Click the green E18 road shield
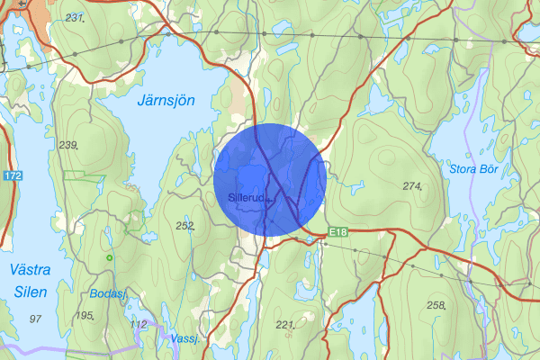pyautogui.click(x=337, y=232)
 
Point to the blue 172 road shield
pyautogui.click(x=12, y=175)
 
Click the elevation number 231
pyautogui.click(x=74, y=19)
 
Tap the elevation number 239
pyautogui.click(x=67, y=145)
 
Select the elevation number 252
pyautogui.click(x=185, y=226)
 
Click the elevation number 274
pyautogui.click(x=412, y=186)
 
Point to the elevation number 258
pyautogui.click(x=436, y=306)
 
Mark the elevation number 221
pyautogui.click(x=285, y=324)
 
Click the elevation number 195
pyautogui.click(x=85, y=315)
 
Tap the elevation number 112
pyautogui.click(x=138, y=324)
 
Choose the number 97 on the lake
pyautogui.click(x=36, y=319)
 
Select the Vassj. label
pyautogui.click(x=184, y=338)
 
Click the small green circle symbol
pyautogui.click(x=110, y=258)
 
